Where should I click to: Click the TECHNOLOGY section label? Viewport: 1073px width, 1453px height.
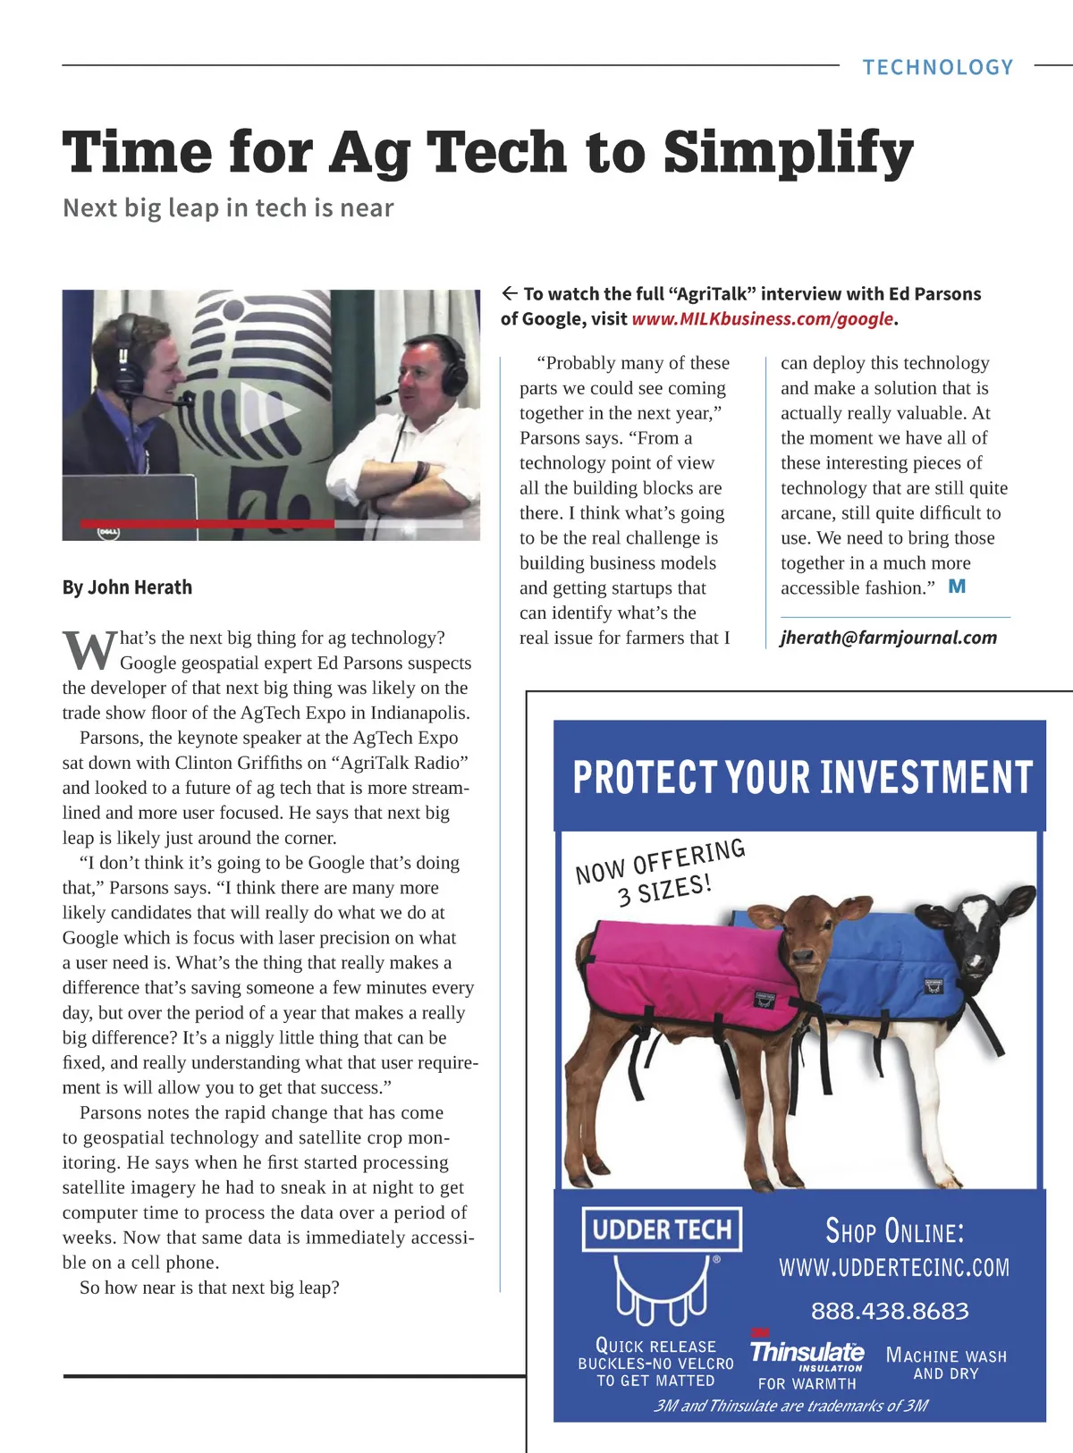[937, 67]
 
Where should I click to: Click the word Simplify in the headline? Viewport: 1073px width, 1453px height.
[788, 152]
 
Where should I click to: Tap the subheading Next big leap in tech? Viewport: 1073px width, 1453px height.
[228, 208]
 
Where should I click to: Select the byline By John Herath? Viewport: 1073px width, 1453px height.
[127, 587]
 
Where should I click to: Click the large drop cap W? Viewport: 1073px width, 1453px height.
[89, 650]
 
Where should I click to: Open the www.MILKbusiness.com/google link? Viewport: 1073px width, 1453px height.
[762, 319]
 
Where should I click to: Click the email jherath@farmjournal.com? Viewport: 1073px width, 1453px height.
[888, 638]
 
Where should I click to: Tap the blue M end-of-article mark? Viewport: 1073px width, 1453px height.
[957, 587]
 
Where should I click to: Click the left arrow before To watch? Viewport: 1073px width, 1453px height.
[510, 293]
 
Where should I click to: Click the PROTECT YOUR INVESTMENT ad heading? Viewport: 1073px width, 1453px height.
[802, 777]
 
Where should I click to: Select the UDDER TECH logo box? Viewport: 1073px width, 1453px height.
[662, 1229]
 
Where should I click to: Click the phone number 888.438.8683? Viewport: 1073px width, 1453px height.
[890, 1311]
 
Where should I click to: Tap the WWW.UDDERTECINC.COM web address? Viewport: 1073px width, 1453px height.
[894, 1268]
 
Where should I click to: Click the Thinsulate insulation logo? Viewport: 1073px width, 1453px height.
[807, 1353]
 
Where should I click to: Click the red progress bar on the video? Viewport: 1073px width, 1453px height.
[207, 523]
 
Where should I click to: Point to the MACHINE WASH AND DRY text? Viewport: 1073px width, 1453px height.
[946, 1364]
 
